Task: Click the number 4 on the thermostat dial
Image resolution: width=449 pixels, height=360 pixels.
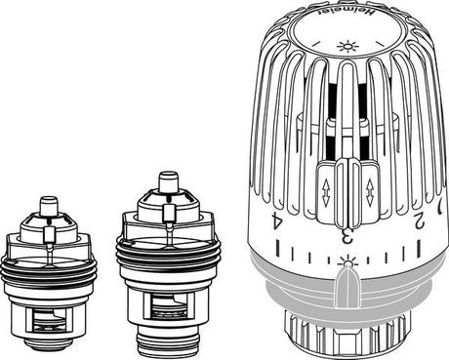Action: [x=278, y=221]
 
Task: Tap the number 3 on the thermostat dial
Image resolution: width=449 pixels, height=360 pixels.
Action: [x=345, y=234]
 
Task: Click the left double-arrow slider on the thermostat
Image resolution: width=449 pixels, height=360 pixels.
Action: [x=327, y=185]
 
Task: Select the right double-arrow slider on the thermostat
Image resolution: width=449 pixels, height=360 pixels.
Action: [x=369, y=185]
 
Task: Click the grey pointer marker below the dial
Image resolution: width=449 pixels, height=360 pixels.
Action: [x=344, y=289]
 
